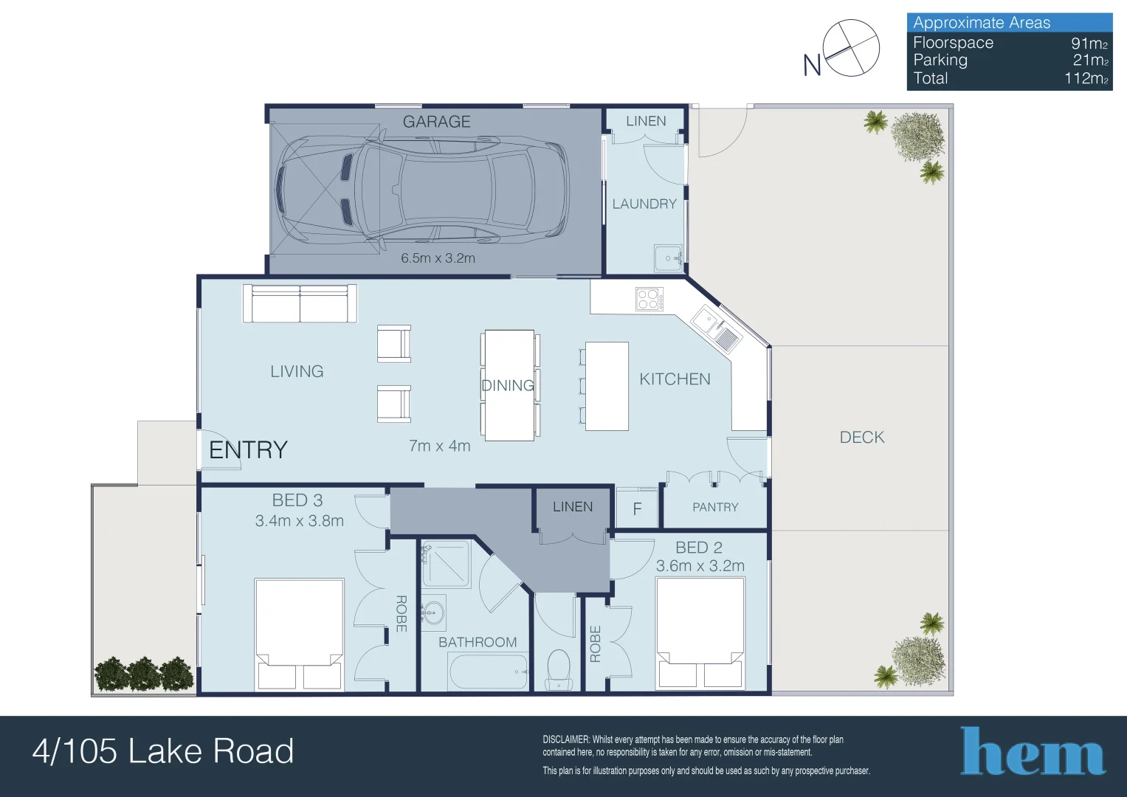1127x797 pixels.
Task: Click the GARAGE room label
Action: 437,122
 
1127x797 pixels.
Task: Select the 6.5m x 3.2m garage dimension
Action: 438,258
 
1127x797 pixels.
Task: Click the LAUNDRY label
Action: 644,204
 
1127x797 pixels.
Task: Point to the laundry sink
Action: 668,258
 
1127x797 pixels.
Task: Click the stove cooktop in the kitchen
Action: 649,299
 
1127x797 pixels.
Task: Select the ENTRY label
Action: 248,450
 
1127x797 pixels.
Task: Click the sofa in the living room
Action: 300,303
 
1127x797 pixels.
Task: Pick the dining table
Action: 509,385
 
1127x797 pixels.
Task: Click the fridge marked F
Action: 637,508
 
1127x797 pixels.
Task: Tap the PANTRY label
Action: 715,507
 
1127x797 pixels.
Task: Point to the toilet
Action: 558,669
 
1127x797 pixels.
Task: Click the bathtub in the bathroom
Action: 489,672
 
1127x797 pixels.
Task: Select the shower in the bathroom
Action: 447,564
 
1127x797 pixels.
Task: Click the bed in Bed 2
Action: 700,633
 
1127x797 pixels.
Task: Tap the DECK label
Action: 862,437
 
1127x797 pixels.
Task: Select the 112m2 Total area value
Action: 1086,78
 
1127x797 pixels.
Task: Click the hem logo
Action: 1033,751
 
